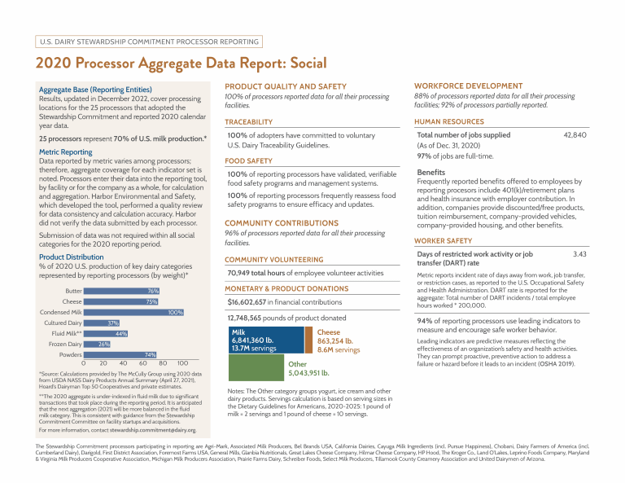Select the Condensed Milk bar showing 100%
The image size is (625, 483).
coord(134,312)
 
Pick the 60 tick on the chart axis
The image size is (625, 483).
coord(143,363)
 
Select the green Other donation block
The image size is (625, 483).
coord(256,368)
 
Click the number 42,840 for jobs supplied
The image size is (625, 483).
coord(575,135)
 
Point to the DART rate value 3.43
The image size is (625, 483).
coord(579,255)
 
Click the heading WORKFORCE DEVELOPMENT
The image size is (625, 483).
coord(468,86)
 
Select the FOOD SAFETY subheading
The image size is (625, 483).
coord(248,161)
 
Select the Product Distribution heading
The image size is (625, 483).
coord(72,257)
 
